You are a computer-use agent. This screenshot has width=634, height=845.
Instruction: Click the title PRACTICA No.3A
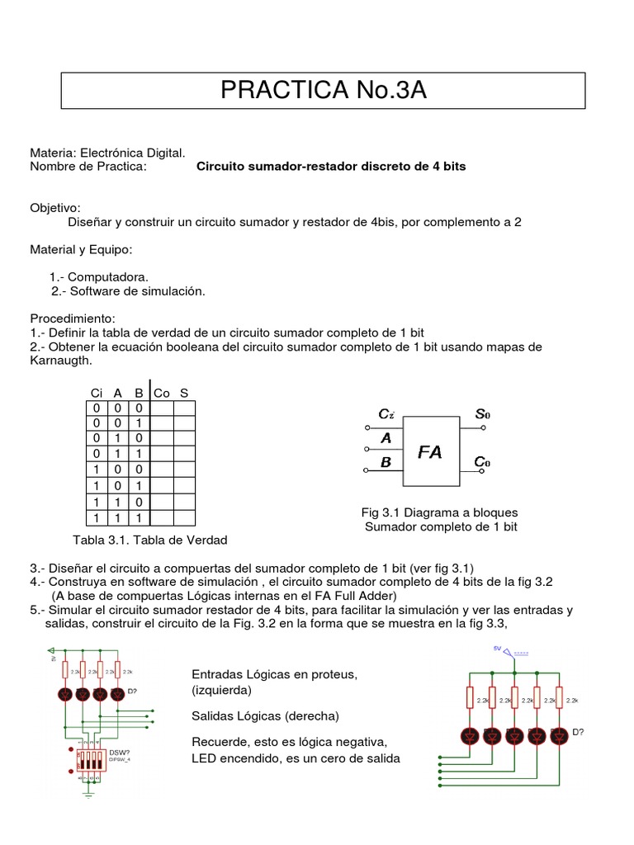tap(324, 91)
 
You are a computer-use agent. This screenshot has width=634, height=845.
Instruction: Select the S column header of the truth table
tap(184, 394)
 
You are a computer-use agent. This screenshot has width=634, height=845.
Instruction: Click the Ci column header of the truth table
tap(97, 394)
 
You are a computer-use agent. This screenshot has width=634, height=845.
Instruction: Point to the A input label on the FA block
tap(386, 439)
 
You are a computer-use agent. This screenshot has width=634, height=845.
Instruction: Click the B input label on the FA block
tap(386, 463)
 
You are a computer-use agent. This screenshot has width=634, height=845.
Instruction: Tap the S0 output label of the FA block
tap(482, 413)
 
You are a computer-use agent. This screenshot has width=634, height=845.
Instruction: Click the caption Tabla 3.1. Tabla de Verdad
tap(150, 540)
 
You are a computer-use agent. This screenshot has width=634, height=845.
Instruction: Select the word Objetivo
tap(55, 208)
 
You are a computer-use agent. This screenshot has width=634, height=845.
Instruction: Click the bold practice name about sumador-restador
tap(331, 166)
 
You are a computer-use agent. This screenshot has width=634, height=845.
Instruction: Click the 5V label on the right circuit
tap(497, 649)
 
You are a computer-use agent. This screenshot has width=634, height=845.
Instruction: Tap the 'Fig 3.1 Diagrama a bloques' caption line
tap(441, 512)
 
